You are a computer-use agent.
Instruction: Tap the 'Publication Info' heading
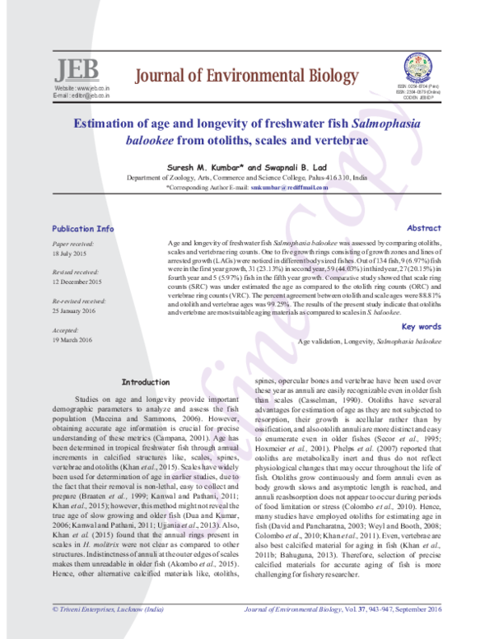click(x=82, y=228)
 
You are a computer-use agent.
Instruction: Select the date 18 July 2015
click(x=69, y=254)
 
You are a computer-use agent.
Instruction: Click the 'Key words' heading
click(x=424, y=327)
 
